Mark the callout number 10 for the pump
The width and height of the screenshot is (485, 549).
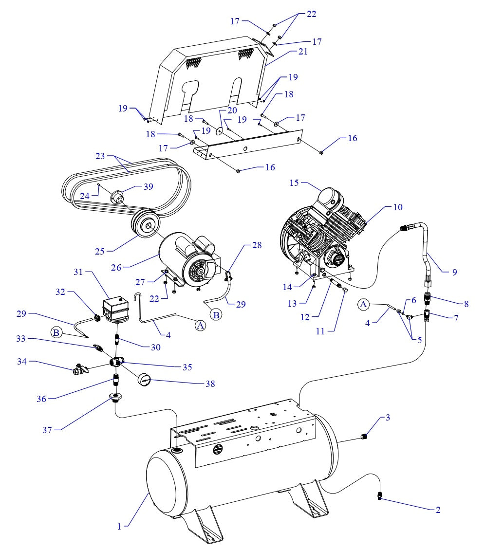[398, 207]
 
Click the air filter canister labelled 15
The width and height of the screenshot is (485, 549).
[329, 197]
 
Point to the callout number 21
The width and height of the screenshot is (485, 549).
[303, 51]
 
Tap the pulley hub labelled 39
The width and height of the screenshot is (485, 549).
[118, 197]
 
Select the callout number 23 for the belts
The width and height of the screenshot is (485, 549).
[100, 156]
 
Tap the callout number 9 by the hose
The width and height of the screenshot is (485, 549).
[454, 273]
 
